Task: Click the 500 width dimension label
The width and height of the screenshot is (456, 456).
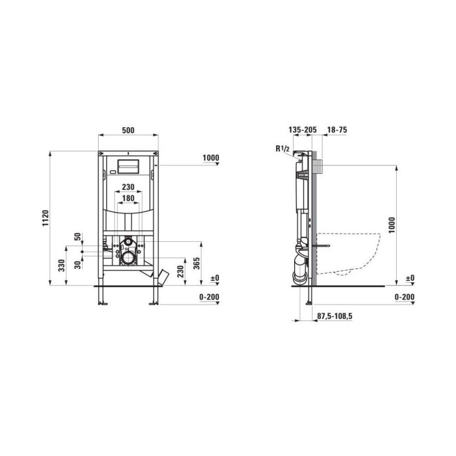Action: (128, 130)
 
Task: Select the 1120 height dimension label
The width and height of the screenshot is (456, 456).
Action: (46, 218)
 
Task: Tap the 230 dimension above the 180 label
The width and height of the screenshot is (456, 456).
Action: (128, 187)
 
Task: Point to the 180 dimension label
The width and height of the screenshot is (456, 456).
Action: (128, 198)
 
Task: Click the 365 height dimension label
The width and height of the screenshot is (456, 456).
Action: (197, 263)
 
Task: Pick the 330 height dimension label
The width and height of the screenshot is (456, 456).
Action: (62, 266)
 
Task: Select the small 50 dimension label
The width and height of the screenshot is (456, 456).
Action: (78, 237)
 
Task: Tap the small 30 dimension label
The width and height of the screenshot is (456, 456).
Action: (78, 265)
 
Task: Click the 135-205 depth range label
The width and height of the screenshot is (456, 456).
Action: (303, 130)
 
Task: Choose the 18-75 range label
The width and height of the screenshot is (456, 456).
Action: (337, 130)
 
